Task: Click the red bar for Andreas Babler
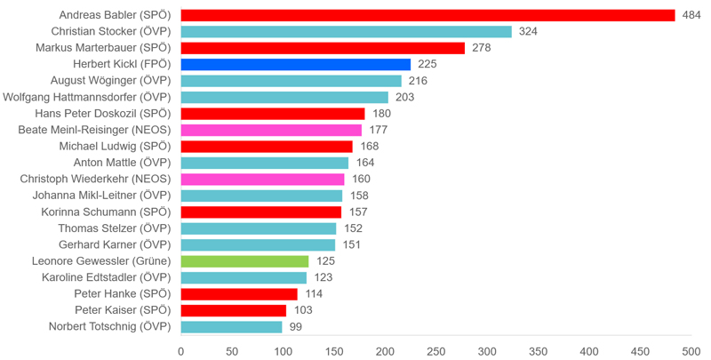(427, 15)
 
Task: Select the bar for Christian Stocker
(346, 31)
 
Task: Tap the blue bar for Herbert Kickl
(295, 64)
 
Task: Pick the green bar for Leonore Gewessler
(244, 261)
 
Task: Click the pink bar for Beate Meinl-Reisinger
(271, 130)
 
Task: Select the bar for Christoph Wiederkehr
(262, 179)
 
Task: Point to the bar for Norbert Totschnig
(231, 327)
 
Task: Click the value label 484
(691, 15)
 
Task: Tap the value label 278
(481, 48)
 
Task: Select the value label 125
(325, 261)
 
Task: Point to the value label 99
(296, 327)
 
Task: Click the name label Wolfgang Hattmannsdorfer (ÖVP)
(86, 97)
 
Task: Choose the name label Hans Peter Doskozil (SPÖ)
(102, 114)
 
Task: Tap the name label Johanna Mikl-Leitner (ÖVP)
(100, 196)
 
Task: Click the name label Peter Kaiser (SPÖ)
(122, 310)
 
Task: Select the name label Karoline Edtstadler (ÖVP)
(106, 277)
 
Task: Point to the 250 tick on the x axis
(436, 351)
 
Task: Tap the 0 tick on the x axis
(181, 351)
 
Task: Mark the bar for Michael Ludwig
(267, 147)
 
